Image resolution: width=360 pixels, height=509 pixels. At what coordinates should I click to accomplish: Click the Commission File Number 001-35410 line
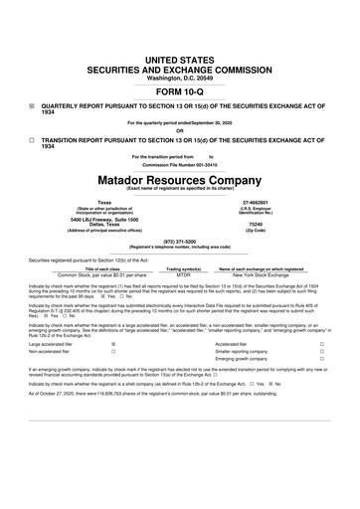pos(180,164)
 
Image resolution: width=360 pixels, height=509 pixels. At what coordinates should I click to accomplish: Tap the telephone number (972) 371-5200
pos(180,240)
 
